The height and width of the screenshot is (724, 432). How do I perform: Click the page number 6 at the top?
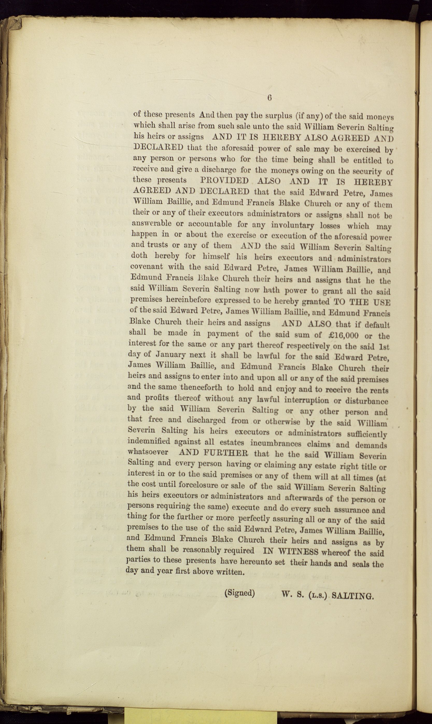tap(269, 98)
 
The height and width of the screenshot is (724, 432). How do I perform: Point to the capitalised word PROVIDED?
tap(224, 181)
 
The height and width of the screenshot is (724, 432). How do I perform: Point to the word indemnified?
tap(149, 441)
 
